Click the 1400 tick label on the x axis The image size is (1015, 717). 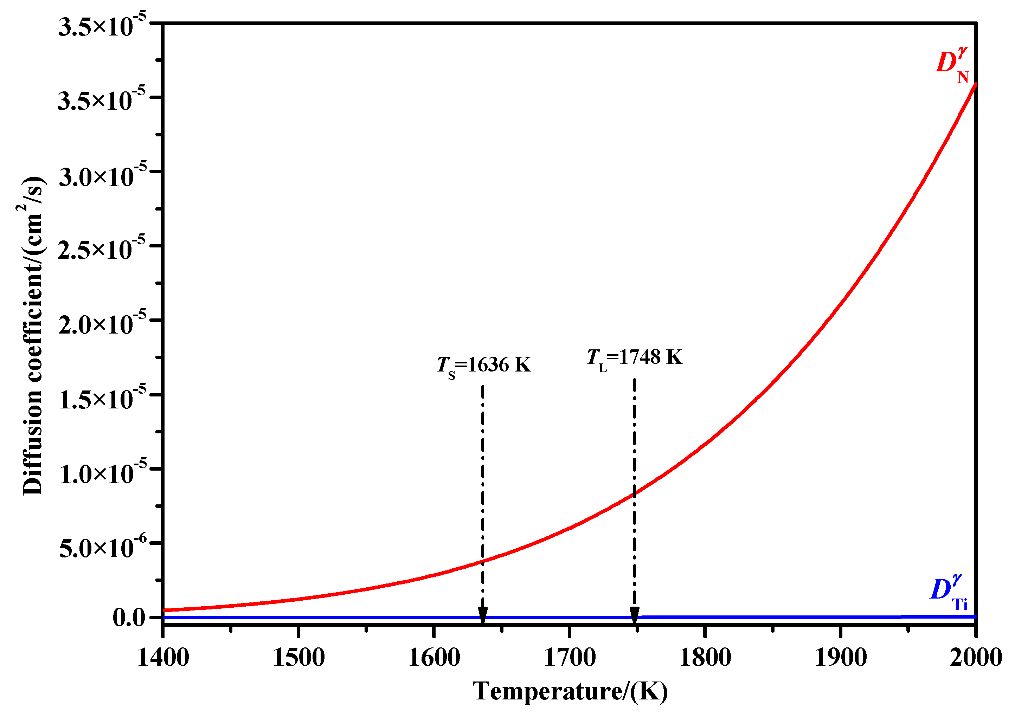(x=163, y=658)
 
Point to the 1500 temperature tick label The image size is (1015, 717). (x=299, y=658)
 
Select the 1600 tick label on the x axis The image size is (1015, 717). (x=435, y=658)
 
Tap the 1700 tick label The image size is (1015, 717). (x=570, y=658)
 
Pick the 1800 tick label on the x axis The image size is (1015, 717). (x=705, y=658)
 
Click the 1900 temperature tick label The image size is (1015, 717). (x=840, y=658)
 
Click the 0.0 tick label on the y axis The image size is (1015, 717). (x=129, y=617)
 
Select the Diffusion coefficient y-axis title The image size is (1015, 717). (x=33, y=336)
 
